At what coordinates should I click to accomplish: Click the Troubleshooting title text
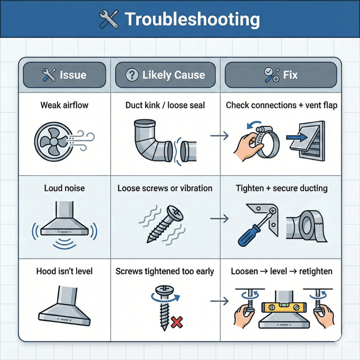[x=192, y=20]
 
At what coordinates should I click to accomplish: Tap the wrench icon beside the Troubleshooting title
[x=109, y=20]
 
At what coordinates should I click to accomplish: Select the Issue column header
[x=64, y=75]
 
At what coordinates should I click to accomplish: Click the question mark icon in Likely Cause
[x=132, y=75]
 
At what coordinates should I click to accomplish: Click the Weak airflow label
[x=64, y=105]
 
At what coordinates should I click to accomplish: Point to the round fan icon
[x=51, y=139]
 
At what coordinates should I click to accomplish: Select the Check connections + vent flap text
[x=281, y=105]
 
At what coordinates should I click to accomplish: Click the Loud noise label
[x=64, y=188]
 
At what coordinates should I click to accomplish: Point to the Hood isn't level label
[x=64, y=271]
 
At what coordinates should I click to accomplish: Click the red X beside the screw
[x=177, y=322]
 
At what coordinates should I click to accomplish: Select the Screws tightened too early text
[x=165, y=271]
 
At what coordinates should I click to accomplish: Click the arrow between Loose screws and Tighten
[x=219, y=219]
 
